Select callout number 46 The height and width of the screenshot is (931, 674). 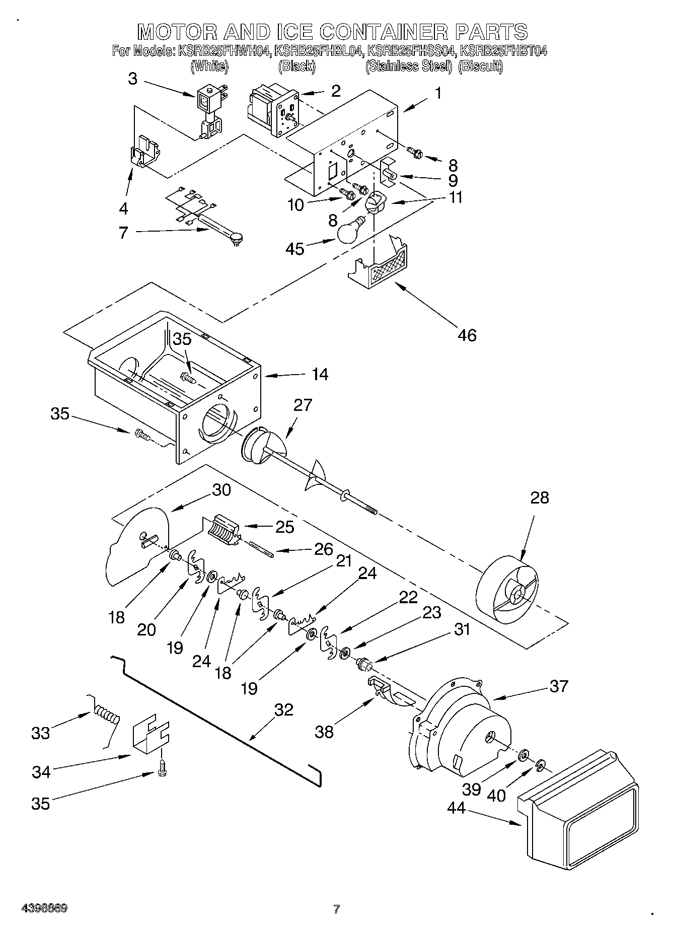pyautogui.click(x=467, y=335)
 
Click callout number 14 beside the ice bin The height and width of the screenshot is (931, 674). pyautogui.click(x=320, y=374)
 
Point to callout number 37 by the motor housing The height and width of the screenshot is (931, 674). pyautogui.click(x=559, y=686)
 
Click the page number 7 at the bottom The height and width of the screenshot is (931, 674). pyautogui.click(x=336, y=909)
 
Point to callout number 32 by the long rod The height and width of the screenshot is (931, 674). pyautogui.click(x=283, y=709)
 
